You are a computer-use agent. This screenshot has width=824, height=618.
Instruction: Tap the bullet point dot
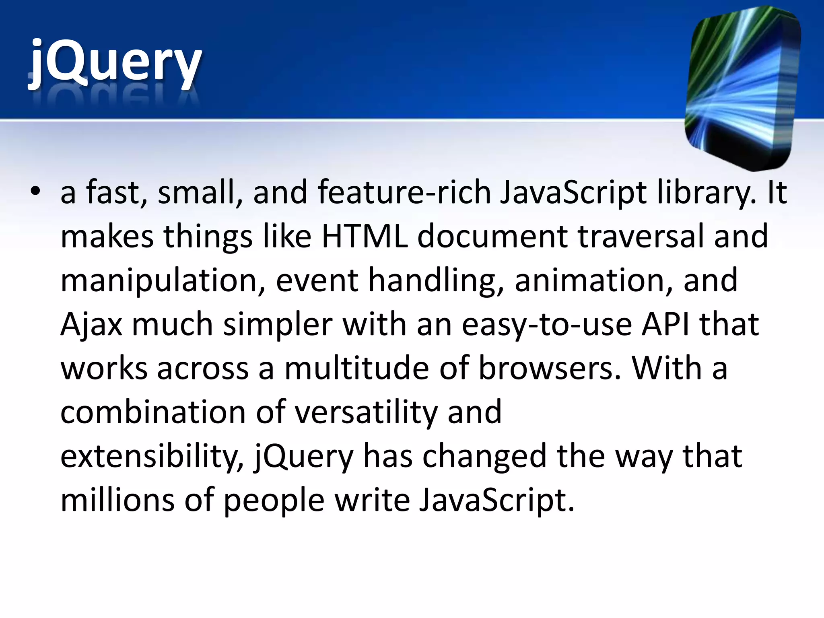click(36, 192)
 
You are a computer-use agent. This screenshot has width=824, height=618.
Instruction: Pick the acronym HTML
click(365, 236)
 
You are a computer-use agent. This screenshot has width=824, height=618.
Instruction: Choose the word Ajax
click(91, 324)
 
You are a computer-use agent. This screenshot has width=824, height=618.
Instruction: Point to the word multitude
click(356, 368)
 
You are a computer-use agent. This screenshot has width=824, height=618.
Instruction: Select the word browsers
click(550, 368)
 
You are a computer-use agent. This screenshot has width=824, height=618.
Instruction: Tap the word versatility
click(366, 412)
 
